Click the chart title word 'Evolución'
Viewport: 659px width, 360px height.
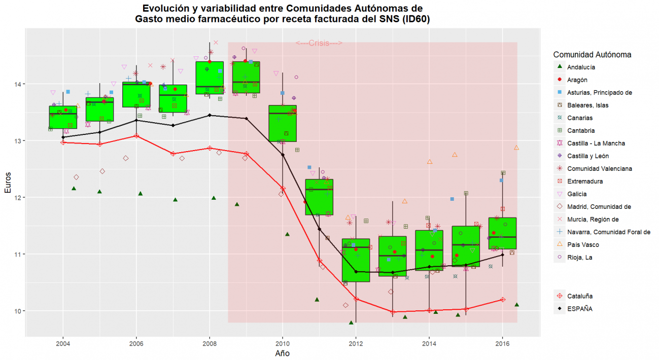169,9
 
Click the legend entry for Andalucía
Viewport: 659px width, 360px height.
581,67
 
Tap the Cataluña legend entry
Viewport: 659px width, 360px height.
580,296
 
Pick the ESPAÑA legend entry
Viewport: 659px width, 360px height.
580,308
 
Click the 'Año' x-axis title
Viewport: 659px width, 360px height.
283,353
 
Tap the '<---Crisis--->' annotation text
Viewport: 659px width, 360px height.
319,43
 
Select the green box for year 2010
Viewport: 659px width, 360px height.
283,123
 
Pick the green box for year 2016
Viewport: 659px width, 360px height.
502,233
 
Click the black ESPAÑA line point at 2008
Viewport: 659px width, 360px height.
210,115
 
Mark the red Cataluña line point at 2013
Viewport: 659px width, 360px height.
393,312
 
